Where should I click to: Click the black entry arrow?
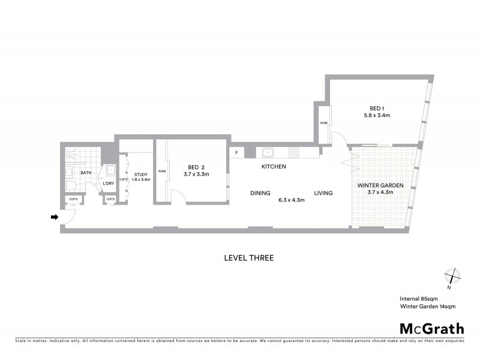click(54, 217)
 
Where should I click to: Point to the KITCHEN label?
click(273, 166)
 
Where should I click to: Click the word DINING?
click(260, 193)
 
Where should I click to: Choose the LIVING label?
click(322, 193)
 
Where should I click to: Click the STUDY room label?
click(141, 175)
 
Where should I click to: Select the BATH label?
click(86, 173)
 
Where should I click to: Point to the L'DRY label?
click(109, 184)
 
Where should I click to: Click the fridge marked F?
click(237, 152)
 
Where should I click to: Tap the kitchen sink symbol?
click(267, 152)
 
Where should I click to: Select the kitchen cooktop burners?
click(293, 152)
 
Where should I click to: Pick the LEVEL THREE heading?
click(248, 258)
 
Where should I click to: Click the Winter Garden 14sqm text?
click(428, 307)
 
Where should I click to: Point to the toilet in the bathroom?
click(70, 187)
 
